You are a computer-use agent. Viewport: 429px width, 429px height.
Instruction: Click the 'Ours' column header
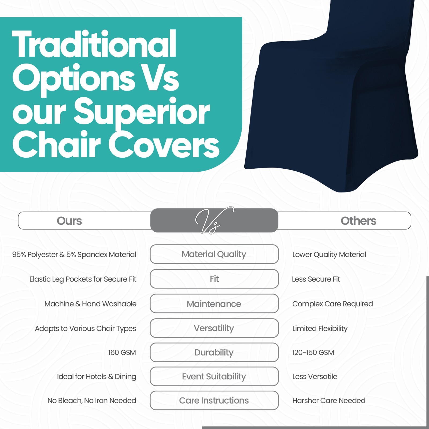(69, 221)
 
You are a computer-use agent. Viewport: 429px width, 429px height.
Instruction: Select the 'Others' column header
(358, 221)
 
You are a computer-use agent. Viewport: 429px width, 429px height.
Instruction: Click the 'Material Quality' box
(214, 254)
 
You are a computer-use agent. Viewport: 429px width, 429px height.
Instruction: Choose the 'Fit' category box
(214, 279)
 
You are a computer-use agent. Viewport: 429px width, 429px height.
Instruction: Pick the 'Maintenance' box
(214, 304)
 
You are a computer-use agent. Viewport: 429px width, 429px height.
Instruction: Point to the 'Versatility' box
(214, 328)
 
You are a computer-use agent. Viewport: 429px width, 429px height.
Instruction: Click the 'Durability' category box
(214, 352)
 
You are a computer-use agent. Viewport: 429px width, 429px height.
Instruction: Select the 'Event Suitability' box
(214, 376)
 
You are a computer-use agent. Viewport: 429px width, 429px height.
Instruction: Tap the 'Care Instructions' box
(214, 401)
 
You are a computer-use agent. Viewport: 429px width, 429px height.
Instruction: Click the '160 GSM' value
(122, 352)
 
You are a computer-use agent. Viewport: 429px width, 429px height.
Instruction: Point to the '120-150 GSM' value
(313, 352)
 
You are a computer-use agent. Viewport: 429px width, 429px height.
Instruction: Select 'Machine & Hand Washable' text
(90, 304)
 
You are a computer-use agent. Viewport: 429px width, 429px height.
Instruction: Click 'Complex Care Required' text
(332, 304)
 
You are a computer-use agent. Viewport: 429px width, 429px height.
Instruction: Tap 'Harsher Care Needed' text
(329, 401)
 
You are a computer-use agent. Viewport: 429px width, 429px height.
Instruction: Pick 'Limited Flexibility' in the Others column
(320, 328)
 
